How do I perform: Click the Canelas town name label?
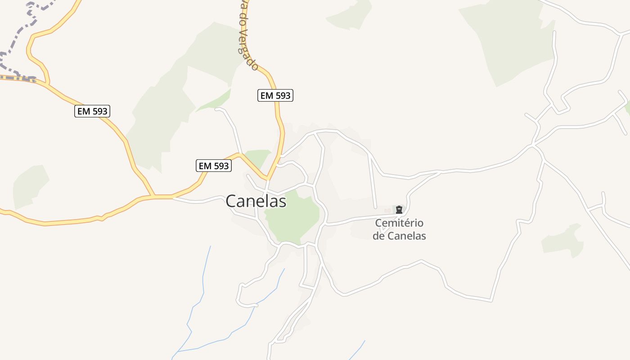[x=256, y=201]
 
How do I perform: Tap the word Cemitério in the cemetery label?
[x=399, y=223]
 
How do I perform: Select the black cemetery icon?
[x=399, y=210]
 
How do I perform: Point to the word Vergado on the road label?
[x=248, y=50]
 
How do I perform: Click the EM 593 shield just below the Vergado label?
[x=275, y=95]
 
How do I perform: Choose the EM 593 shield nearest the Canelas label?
[x=214, y=166]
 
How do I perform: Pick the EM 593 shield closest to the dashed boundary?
[x=92, y=111]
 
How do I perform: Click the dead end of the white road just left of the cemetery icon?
[x=376, y=207]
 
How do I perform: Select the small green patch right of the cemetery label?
[x=562, y=241]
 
